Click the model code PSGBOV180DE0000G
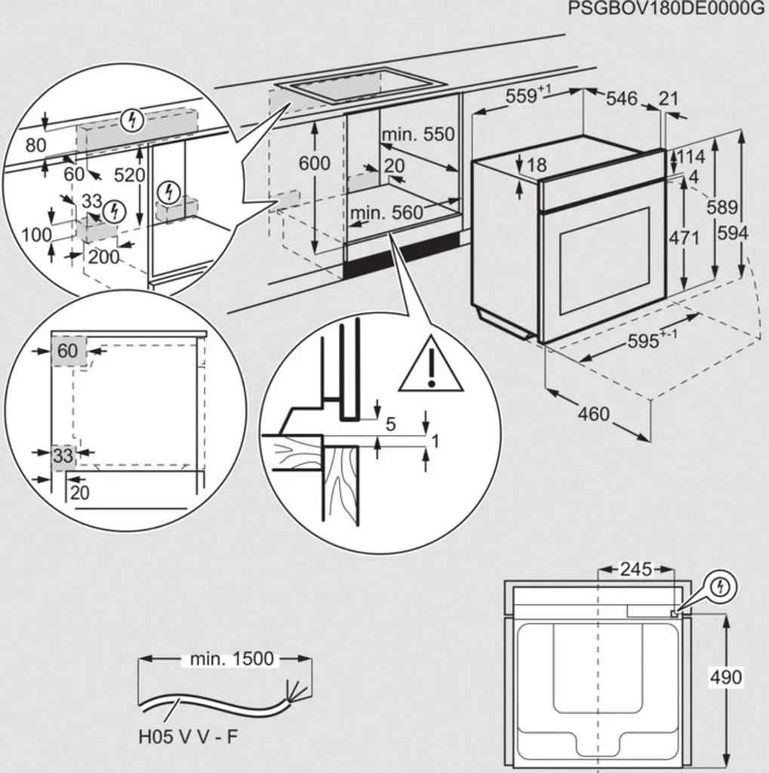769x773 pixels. [x=667, y=10]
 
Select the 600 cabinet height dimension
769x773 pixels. [x=315, y=163]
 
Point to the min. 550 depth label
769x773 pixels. [x=418, y=134]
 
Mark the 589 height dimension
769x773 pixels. [x=721, y=208]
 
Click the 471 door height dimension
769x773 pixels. [x=684, y=238]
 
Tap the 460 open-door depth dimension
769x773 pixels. [x=593, y=414]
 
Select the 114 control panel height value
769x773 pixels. [x=691, y=157]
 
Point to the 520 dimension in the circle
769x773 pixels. [x=129, y=175]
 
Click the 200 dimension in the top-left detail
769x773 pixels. [x=103, y=257]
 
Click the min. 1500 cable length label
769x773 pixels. [x=231, y=659]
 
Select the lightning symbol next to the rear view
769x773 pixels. [x=723, y=587]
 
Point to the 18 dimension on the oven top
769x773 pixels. [x=537, y=165]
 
